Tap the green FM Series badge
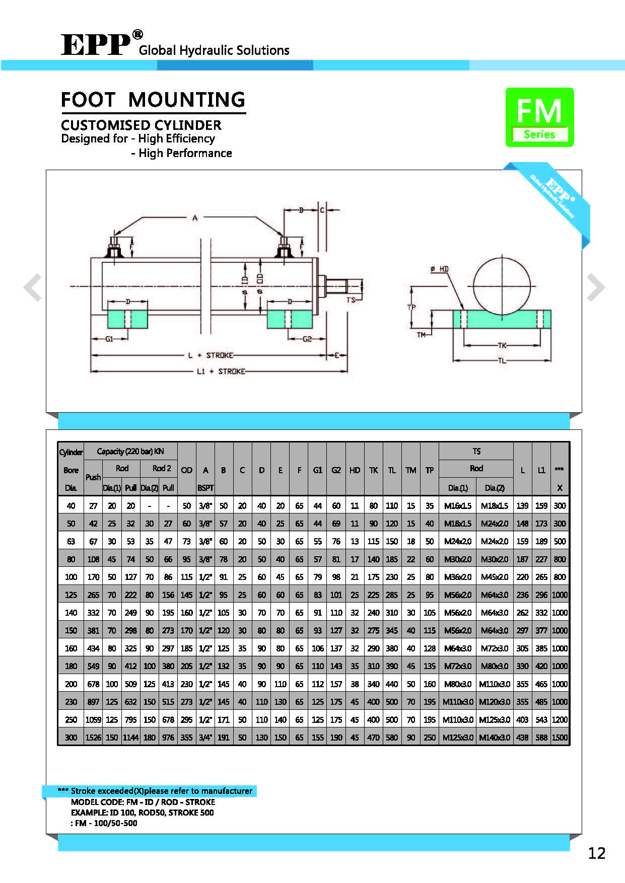[539, 117]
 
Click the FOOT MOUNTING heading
[153, 100]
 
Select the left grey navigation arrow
[33, 287]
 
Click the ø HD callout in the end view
[440, 269]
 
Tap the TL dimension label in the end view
[502, 360]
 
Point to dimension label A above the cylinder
[195, 218]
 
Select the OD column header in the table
[186, 470]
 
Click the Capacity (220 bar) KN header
[130, 452]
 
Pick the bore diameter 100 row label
[71, 577]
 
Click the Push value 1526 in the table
[93, 738]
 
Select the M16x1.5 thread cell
[457, 506]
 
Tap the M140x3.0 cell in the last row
[495, 738]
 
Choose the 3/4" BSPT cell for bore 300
[205, 738]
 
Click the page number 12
[596, 853]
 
